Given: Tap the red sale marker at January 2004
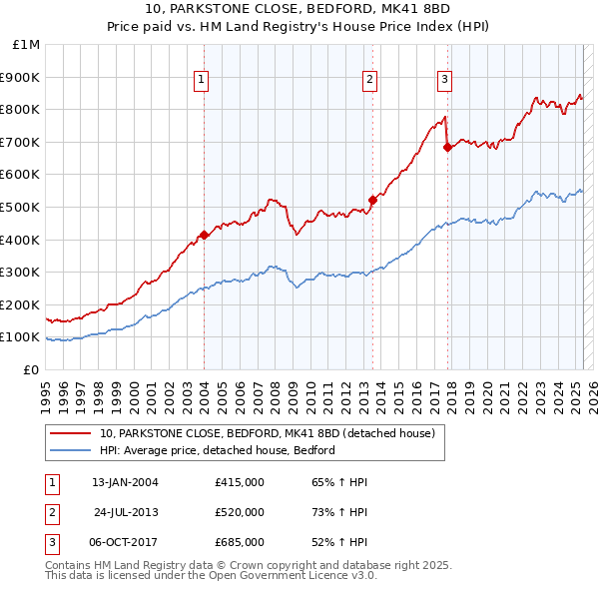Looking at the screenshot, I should coord(204,235).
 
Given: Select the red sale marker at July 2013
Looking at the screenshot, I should coord(372,200).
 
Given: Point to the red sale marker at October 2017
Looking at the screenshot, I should coord(447,147).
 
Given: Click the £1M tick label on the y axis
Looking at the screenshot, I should coord(27,45).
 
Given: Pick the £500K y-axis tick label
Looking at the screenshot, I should coord(21,207).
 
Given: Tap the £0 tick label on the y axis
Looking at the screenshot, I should coord(31,369).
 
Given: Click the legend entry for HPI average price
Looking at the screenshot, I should coord(217,450).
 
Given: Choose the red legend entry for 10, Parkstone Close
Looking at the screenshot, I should coord(267,434).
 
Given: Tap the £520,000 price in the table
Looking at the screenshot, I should coord(240,512).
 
